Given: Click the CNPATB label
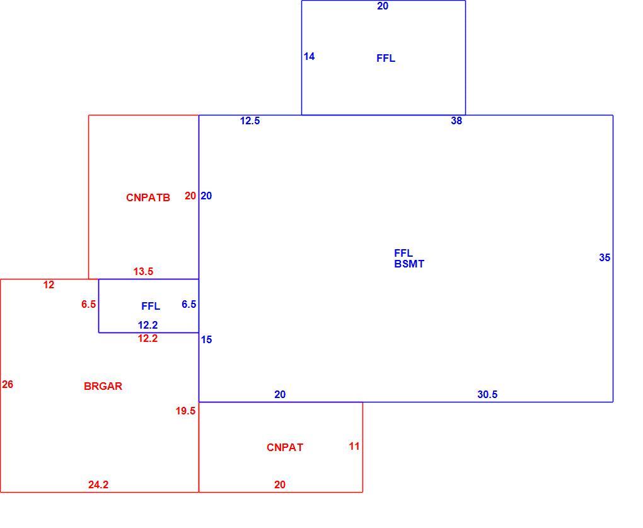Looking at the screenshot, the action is coord(148,197).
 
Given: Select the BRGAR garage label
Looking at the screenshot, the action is coord(103,386).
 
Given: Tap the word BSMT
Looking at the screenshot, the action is coord(409,264).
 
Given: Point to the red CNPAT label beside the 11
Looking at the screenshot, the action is coord(285,447).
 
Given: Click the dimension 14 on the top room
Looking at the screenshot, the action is coord(309,56).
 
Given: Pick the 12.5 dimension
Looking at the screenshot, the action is coord(250,120).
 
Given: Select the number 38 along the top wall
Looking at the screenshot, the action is coord(456,120).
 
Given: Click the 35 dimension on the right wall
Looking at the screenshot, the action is coord(605,257).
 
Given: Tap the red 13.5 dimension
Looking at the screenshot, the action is coord(143,271).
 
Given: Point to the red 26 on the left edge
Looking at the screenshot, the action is coord(8,384).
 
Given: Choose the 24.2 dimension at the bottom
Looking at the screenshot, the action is coord(98,484).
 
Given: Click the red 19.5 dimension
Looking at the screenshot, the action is coord(185,411).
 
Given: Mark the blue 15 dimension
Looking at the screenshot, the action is coord(206,339).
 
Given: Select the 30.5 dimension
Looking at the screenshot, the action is coord(487,394).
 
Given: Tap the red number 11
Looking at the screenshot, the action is coord(354,446).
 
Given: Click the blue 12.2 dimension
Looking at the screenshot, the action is coord(148,325).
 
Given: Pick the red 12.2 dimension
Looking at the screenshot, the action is coord(148,339).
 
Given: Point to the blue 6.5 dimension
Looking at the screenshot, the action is coord(188,304).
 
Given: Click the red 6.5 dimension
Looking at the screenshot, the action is coord(89,304).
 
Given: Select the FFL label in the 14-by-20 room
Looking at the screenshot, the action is coord(386,58).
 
